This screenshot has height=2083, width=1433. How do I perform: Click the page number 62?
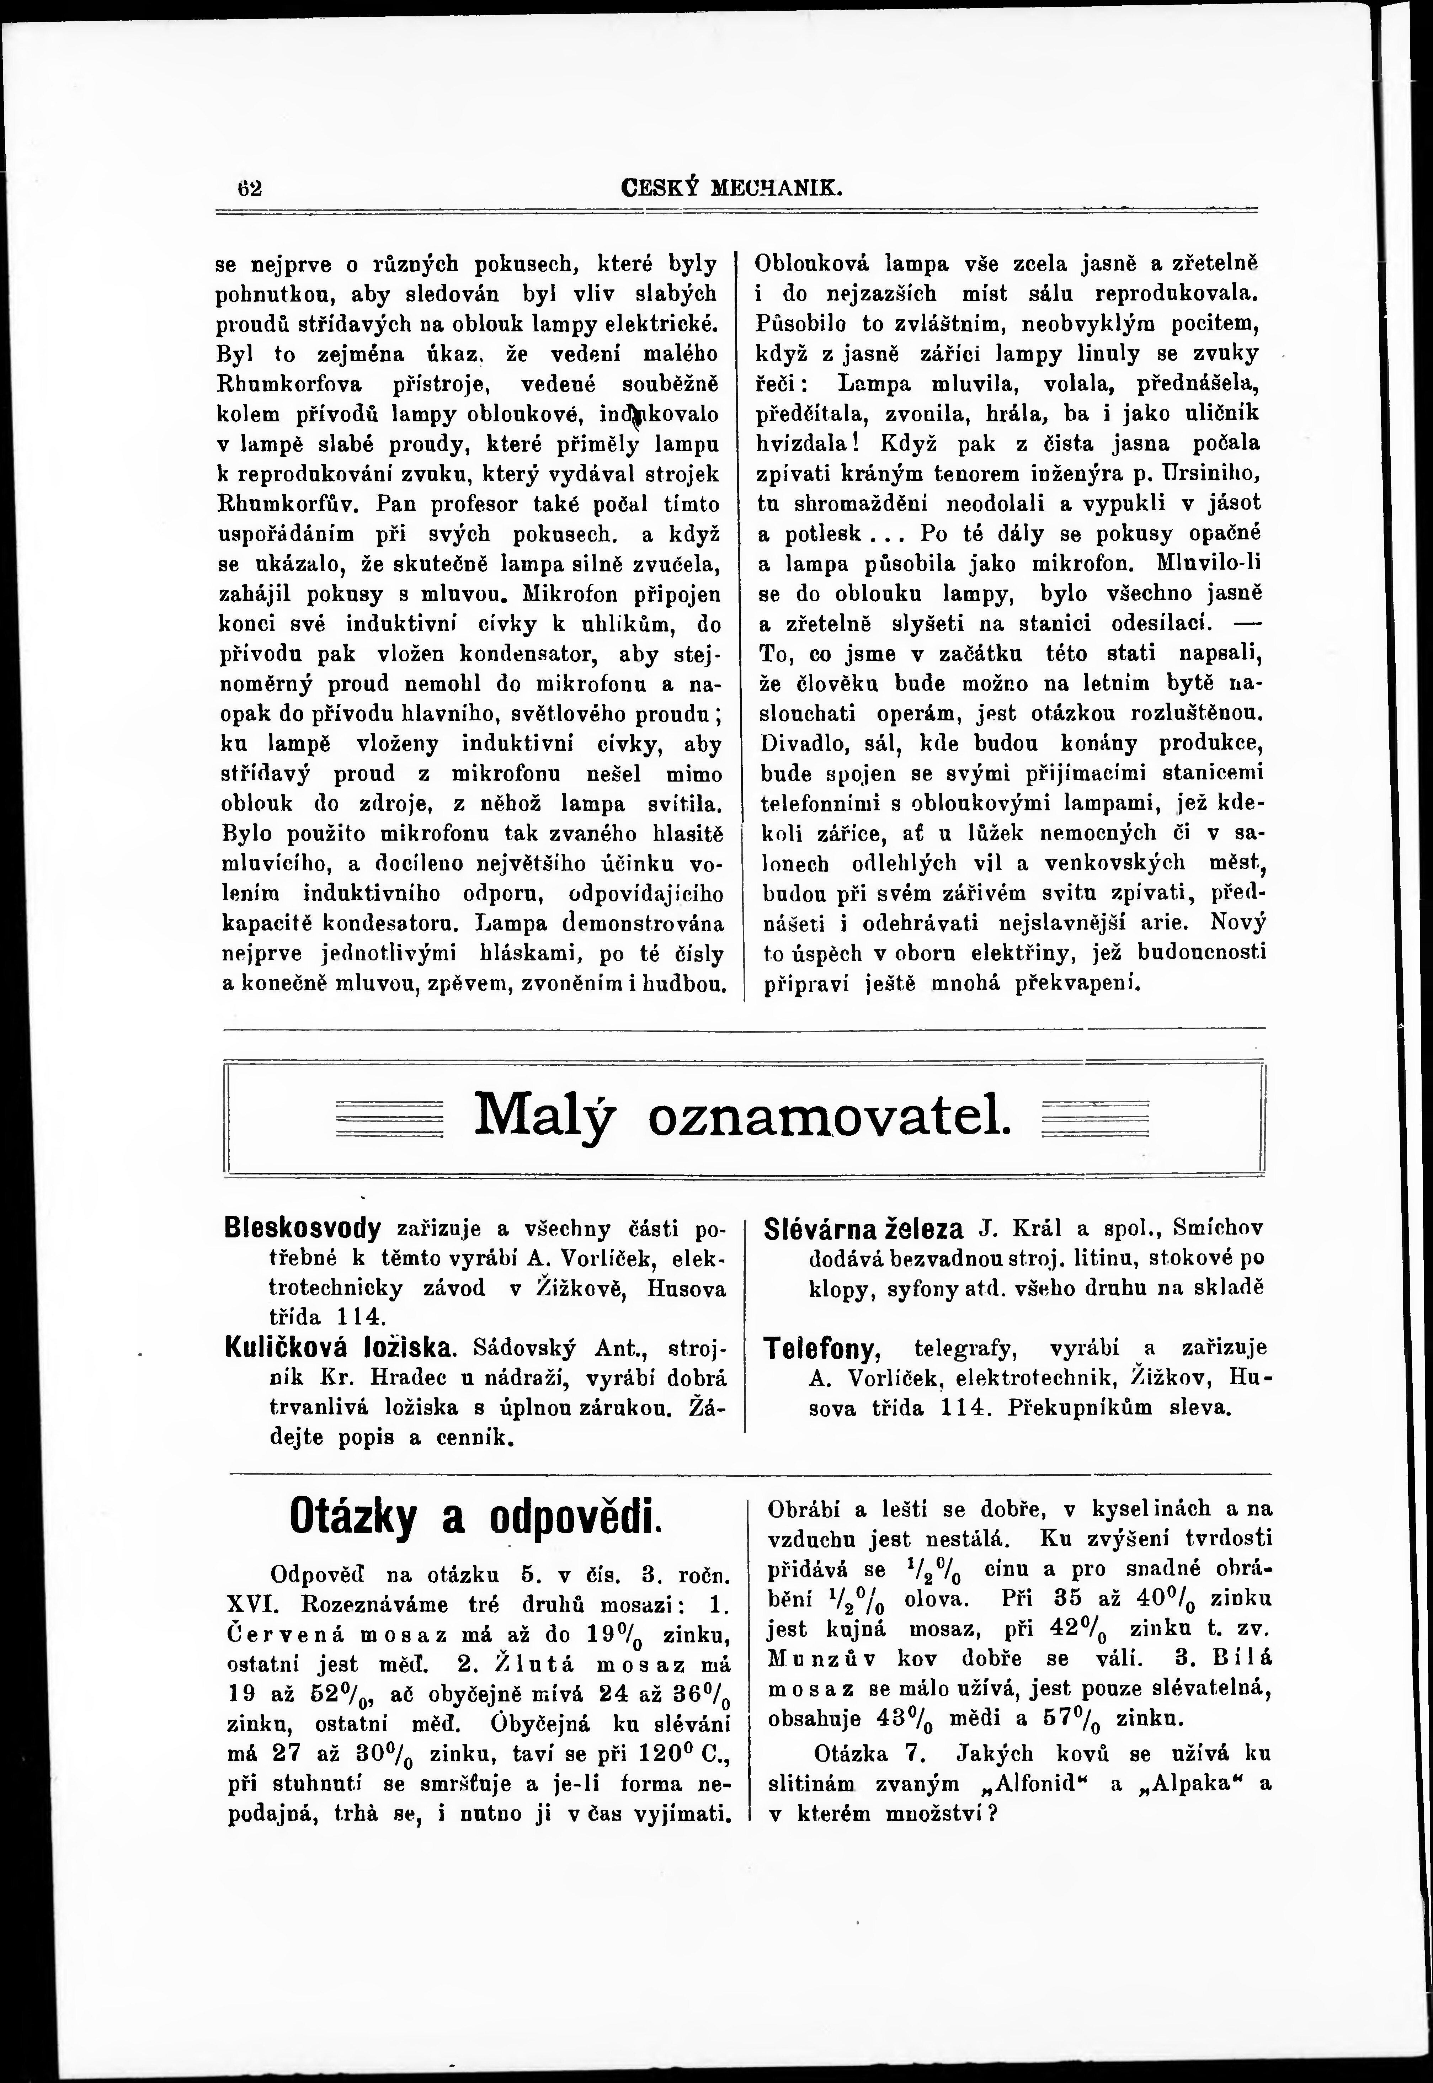[249, 190]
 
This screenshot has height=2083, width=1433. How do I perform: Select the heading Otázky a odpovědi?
[475, 1517]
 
